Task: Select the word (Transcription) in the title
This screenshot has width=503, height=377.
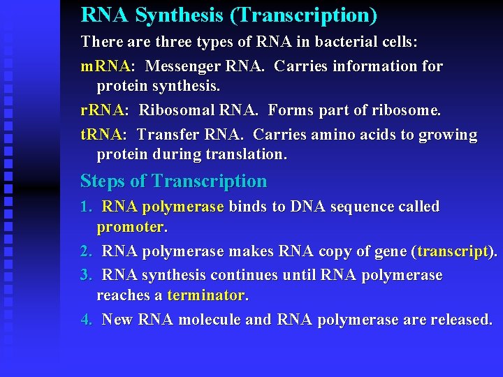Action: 302,15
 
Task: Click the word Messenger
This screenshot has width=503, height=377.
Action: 184,66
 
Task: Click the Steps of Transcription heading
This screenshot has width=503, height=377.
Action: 173,182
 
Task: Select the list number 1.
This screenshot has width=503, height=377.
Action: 86,207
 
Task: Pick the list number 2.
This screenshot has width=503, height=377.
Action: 86,251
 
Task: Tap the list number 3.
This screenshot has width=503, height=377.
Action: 86,275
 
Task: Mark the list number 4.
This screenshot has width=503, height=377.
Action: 86,320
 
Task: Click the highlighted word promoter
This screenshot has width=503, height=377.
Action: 129,228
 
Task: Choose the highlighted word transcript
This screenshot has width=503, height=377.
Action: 453,251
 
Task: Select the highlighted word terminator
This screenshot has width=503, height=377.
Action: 206,295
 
